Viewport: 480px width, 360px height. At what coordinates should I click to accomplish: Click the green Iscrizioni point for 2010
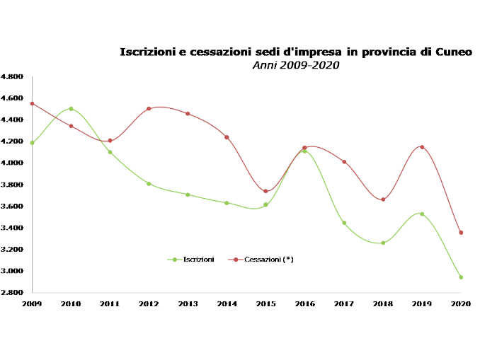click(71, 109)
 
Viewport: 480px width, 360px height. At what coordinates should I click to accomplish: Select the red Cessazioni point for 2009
click(32, 104)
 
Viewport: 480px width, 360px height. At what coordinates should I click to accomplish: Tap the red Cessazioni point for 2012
click(149, 109)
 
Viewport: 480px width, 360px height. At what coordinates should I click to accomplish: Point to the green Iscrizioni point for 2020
click(461, 277)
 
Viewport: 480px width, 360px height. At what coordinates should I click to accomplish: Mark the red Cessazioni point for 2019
click(422, 147)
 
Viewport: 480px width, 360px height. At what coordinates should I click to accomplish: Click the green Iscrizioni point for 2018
click(383, 243)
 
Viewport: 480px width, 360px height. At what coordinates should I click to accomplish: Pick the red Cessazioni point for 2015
click(265, 191)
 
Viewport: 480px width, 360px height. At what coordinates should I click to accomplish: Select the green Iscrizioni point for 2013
click(188, 194)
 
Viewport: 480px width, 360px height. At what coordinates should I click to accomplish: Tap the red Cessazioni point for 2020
click(461, 233)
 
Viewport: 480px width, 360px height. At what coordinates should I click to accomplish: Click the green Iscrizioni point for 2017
click(344, 223)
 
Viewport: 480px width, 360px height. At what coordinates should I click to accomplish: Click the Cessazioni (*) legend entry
click(268, 260)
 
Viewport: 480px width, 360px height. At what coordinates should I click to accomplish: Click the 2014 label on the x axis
click(227, 303)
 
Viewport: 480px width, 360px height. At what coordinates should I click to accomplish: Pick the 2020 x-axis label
click(461, 303)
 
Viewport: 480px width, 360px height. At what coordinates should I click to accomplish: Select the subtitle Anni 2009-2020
click(296, 65)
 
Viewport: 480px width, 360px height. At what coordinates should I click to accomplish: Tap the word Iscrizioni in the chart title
click(144, 52)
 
